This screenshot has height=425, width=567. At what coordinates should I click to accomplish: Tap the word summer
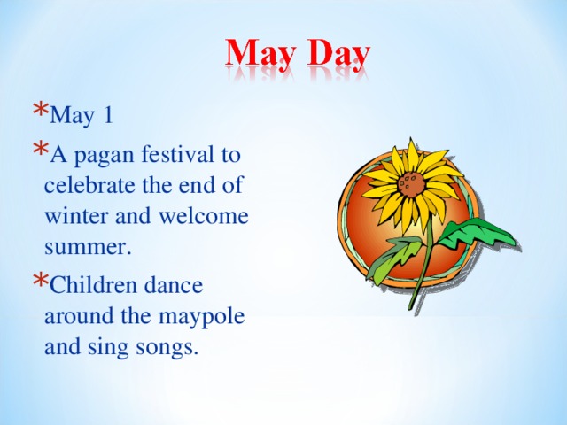[87, 248]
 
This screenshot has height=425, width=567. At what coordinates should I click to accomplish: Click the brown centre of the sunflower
[408, 184]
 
